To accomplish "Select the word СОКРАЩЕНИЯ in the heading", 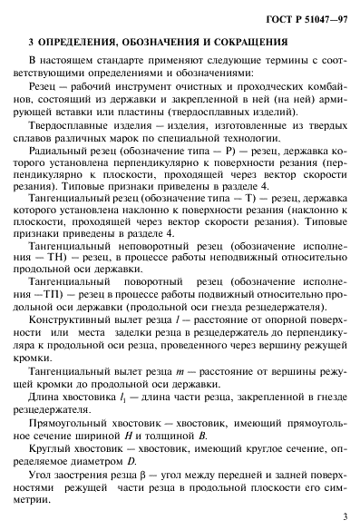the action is click(269, 42).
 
